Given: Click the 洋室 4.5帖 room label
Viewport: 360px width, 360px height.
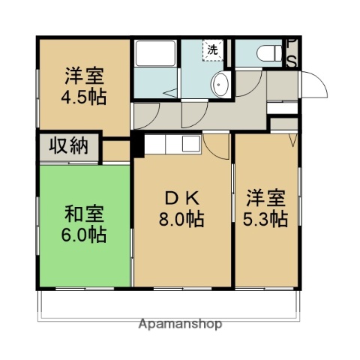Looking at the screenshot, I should coord(83,85).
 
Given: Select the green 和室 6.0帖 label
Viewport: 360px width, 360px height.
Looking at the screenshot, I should coord(83,223).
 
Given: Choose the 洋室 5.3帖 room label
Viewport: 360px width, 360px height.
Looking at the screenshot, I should coord(266,208).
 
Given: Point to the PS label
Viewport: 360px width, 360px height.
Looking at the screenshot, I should coord(292,52).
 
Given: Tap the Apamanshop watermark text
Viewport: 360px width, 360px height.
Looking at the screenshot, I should coord(181,325).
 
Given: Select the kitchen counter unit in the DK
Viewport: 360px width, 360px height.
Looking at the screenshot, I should coord(172,145).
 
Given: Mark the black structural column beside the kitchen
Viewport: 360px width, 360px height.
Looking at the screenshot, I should coord(137,146).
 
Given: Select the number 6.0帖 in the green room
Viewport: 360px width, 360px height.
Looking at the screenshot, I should coord(83,234).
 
